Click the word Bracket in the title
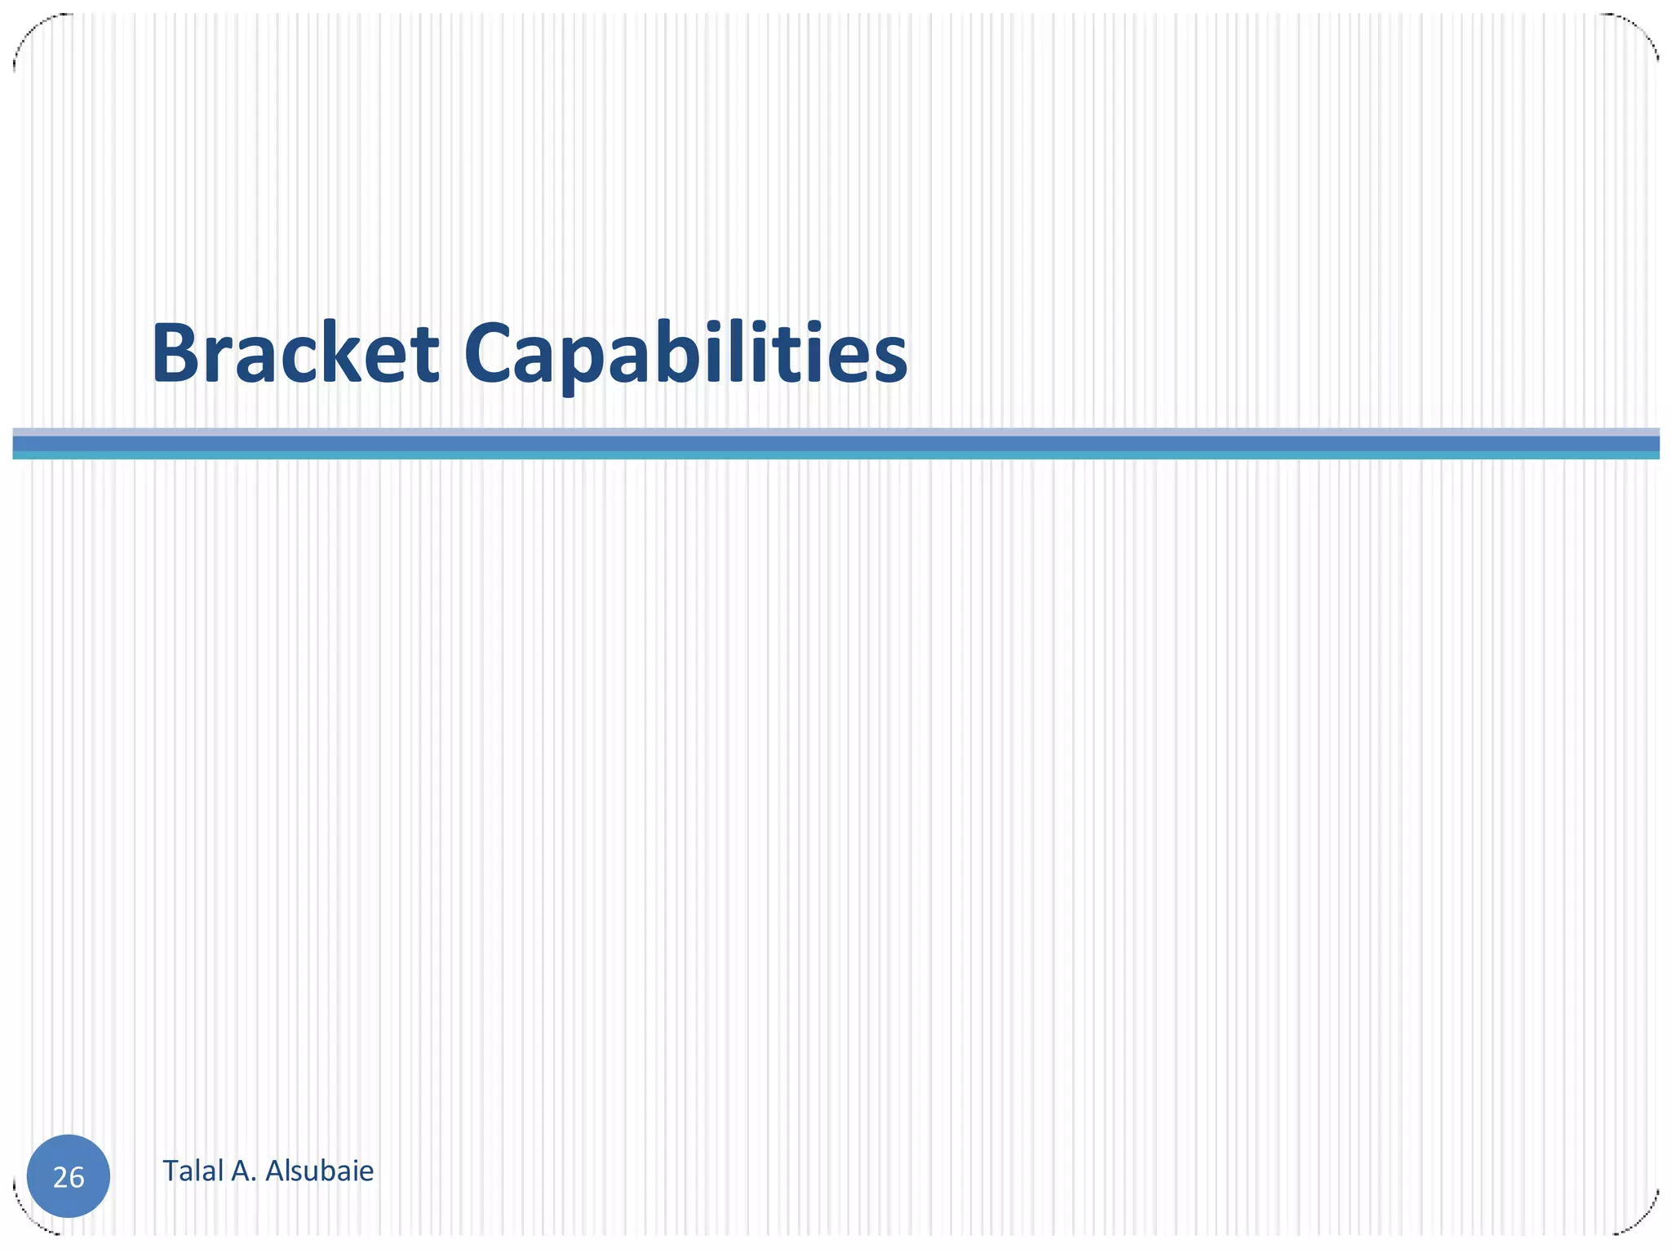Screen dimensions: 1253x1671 (295, 355)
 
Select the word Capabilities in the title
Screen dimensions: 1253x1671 (685, 355)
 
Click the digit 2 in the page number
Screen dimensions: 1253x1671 (60, 1178)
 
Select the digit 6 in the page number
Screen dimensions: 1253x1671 (77, 1178)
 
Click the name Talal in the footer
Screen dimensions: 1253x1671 (193, 1171)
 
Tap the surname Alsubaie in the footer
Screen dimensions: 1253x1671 (320, 1171)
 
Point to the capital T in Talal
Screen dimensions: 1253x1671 (171, 1171)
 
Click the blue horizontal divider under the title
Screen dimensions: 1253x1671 (835, 444)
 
